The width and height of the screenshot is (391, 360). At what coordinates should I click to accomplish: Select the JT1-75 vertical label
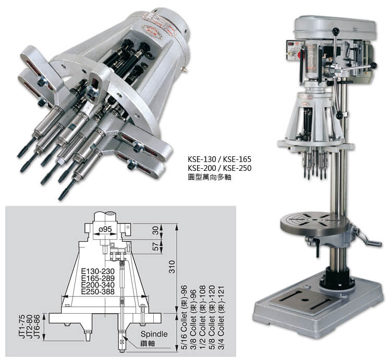[22, 326]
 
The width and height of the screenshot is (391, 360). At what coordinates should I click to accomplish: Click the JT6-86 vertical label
[37, 326]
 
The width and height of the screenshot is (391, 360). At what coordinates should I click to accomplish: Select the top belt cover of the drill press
[334, 24]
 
